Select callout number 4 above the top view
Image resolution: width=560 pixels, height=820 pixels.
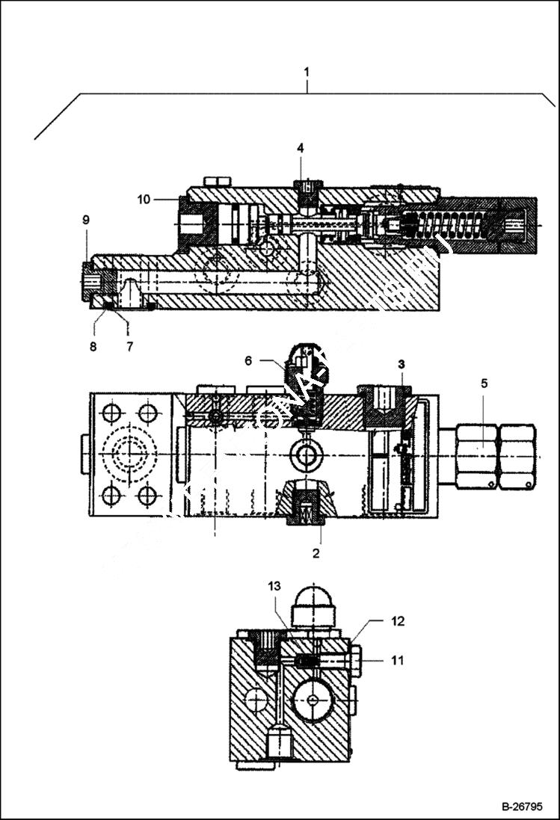pyautogui.click(x=301, y=148)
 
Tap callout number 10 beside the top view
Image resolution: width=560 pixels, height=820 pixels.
pyautogui.click(x=144, y=199)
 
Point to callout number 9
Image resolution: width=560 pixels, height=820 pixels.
pyautogui.click(x=86, y=219)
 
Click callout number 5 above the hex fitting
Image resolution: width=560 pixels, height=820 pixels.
pyautogui.click(x=484, y=383)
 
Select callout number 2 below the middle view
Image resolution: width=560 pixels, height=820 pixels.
pyautogui.click(x=316, y=553)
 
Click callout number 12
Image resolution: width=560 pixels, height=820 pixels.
pyautogui.click(x=399, y=620)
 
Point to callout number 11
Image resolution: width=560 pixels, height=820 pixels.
pyautogui.click(x=399, y=660)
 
